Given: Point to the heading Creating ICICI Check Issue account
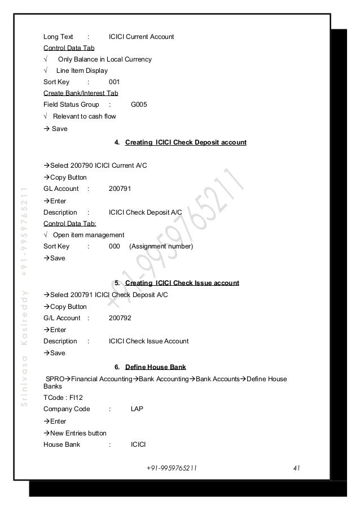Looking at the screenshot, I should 182,282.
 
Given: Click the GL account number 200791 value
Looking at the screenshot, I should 120,189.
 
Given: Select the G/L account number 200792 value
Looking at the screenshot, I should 120,318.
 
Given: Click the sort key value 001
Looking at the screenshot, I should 115,81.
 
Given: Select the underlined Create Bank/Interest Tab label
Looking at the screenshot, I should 81,93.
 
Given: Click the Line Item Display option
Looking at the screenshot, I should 82,71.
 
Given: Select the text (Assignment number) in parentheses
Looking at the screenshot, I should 161,246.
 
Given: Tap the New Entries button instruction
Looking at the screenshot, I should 78,433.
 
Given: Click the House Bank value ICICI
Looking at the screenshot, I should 138,444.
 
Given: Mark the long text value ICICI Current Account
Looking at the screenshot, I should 141,37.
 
